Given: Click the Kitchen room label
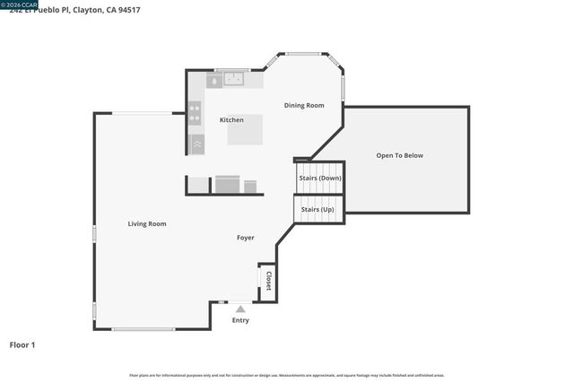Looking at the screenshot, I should coord(231,120).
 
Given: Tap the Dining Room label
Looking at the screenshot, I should coord(304,106).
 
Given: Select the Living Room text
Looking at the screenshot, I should coord(147,223).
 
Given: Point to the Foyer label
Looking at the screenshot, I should coord(245,238).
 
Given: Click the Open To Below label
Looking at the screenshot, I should coord(399,155).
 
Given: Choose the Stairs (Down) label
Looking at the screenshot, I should coord(320,178).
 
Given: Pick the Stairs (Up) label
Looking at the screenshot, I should coord(317,209).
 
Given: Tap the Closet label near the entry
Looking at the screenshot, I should coord(267,281).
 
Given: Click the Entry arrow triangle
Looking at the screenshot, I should coord(240,309).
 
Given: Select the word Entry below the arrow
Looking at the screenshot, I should coord(240,320).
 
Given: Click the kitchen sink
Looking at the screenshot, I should coord(235,80).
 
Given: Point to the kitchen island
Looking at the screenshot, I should coord(245,129).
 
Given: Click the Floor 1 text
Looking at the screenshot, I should coord(22,344).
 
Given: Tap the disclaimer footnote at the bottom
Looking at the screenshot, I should coord(287,375).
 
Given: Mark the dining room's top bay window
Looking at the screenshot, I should coord(304,56).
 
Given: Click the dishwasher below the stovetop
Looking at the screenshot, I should coord(196,143).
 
